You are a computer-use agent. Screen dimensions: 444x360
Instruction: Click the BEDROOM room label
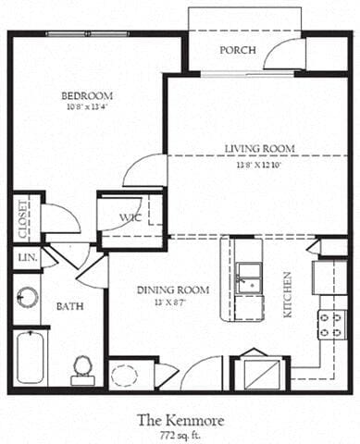87,95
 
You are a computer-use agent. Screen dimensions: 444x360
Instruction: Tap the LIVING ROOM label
260,148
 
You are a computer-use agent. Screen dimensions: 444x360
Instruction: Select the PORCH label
237,50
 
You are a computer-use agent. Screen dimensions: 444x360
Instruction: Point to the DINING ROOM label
173,290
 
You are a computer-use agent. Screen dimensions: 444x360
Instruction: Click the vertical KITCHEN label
289,294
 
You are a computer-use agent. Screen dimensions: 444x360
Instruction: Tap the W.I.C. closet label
130,218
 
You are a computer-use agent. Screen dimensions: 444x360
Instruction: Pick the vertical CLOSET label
21,218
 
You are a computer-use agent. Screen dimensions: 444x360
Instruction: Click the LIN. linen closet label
24,258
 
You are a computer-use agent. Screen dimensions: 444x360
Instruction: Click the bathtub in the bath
30,357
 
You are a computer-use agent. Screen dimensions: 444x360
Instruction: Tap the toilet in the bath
83,366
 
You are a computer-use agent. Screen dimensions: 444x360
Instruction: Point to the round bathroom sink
27,298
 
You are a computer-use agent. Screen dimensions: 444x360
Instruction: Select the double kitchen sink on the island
247,277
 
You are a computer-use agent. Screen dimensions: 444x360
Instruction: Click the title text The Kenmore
179,419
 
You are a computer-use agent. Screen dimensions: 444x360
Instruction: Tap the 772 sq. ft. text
179,434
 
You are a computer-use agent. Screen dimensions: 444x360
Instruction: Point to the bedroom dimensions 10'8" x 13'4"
87,108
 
